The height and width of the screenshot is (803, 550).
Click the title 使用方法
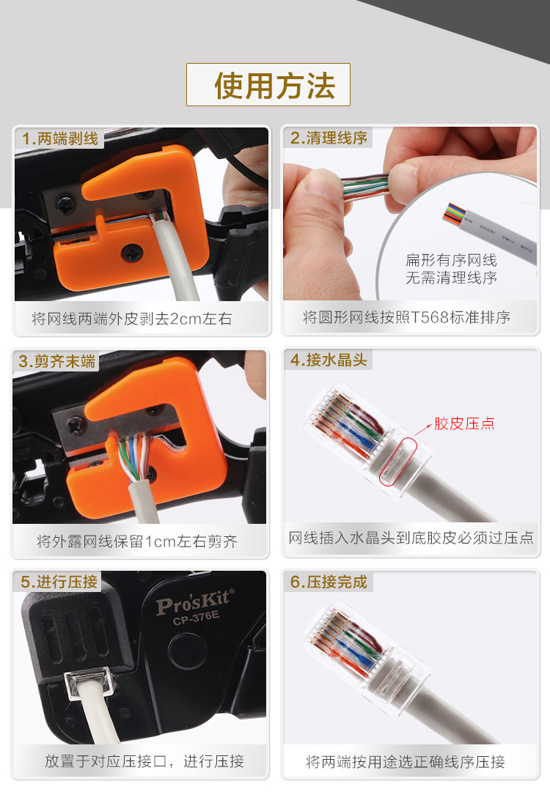(275, 86)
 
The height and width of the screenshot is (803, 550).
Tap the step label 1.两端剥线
(60, 138)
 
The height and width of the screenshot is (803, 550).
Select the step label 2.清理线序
(329, 138)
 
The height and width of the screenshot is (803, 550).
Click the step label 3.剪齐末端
(57, 361)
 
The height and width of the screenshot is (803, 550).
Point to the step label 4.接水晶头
(329, 360)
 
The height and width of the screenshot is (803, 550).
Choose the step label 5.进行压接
(59, 582)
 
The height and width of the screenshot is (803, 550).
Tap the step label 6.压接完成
(329, 582)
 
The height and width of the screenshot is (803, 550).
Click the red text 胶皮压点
(464, 423)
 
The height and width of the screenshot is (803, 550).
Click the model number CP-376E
(196, 618)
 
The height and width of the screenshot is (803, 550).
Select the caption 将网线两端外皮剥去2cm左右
(132, 319)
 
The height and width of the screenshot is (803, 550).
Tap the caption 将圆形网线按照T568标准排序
(406, 317)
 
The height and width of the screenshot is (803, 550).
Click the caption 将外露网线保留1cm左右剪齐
(137, 541)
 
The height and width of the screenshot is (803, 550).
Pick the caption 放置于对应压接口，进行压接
(144, 761)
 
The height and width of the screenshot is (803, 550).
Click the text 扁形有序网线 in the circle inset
(451, 260)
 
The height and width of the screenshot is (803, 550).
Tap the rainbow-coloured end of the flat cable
(454, 213)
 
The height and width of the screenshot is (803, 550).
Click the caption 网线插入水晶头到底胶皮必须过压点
(411, 538)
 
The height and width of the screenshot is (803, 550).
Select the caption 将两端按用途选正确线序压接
(406, 762)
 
